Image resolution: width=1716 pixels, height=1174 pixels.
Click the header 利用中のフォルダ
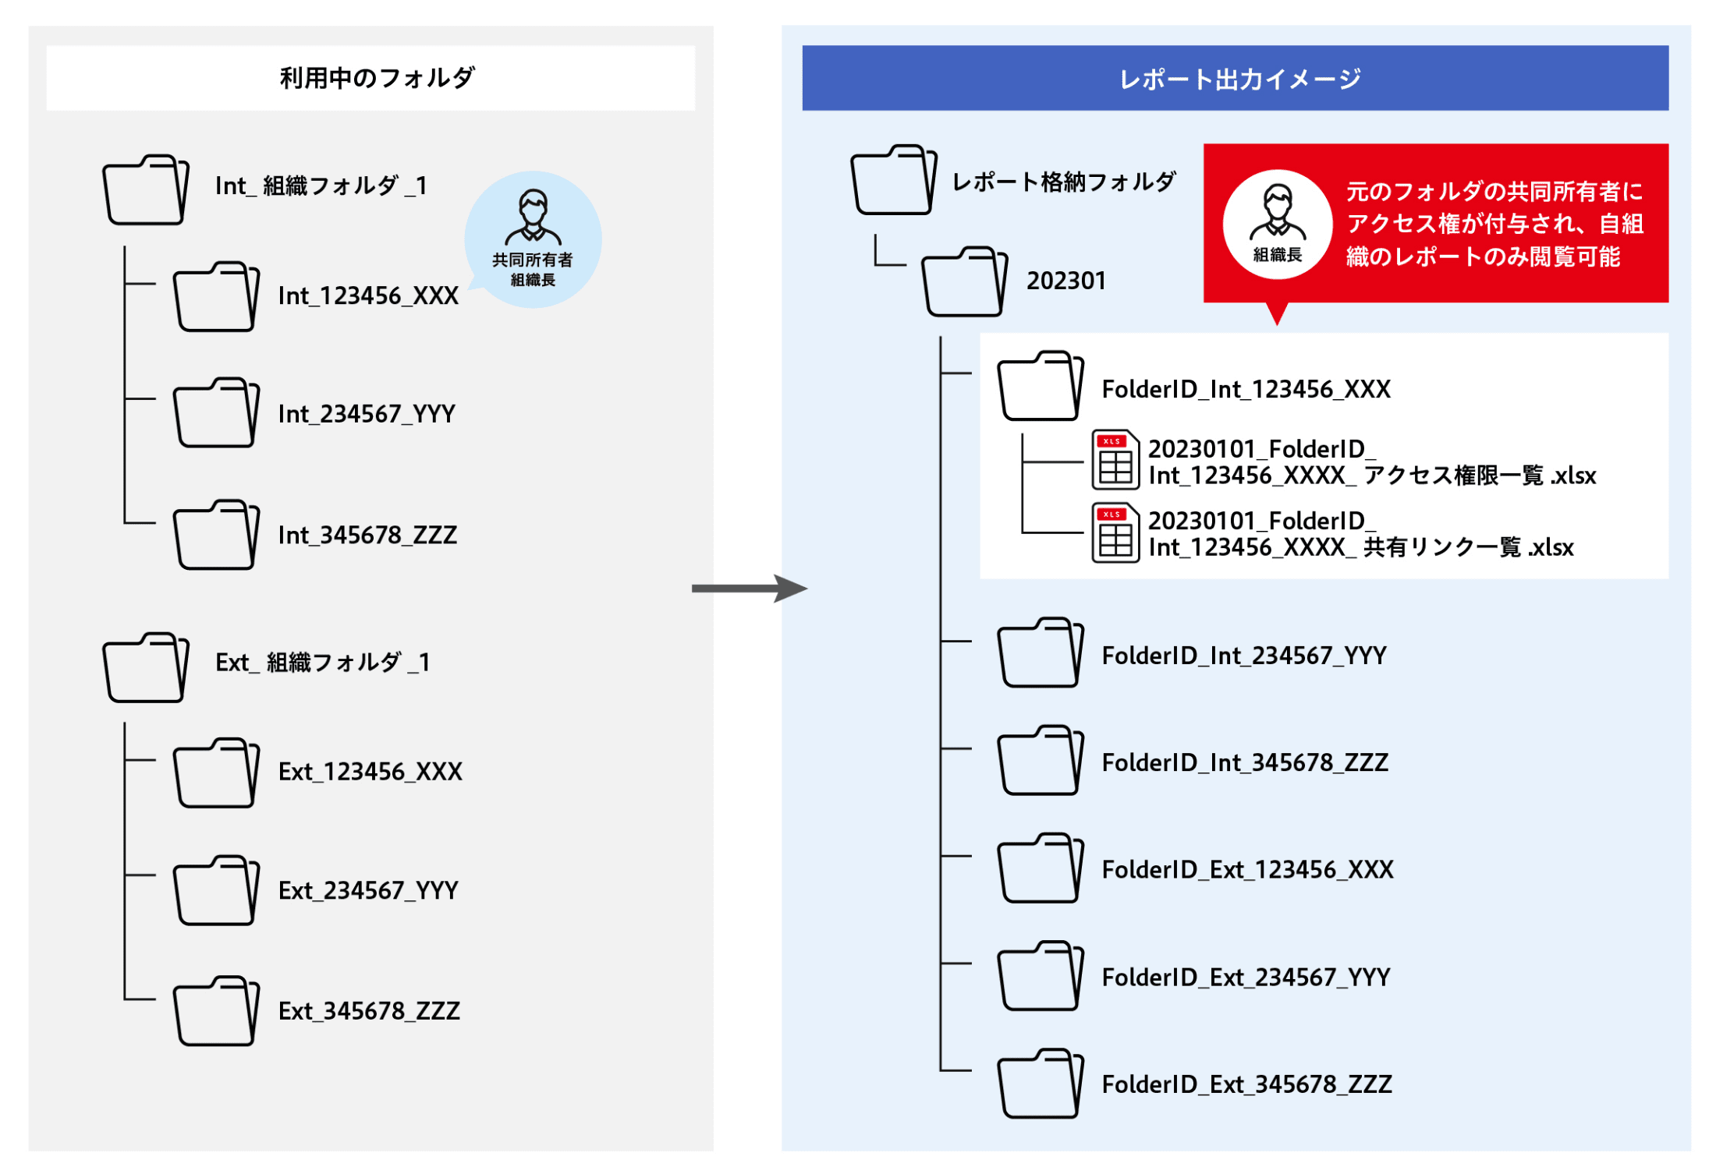378,78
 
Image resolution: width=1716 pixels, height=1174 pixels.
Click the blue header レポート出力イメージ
1240,79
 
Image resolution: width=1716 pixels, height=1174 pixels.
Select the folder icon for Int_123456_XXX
216,297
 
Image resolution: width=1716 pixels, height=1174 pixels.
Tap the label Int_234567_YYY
367,414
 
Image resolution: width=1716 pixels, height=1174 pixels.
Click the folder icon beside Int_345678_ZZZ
216,535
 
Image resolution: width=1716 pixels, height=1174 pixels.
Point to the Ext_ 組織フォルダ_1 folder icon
146,667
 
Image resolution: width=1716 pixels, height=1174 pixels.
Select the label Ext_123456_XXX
370,772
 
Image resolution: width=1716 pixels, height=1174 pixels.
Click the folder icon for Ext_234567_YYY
216,890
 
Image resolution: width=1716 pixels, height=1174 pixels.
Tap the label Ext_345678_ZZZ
369,1011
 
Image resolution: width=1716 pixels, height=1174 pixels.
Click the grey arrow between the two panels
750,589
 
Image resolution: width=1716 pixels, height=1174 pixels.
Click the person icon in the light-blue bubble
533,217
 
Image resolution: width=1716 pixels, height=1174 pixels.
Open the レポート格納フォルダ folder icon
894,180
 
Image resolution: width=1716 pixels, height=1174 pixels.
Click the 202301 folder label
1066,281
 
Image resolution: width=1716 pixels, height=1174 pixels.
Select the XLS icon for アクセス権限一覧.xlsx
1115,460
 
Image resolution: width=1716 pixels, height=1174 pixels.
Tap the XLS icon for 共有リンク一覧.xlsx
1115,532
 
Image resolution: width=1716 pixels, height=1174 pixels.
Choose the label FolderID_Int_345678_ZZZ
1245,762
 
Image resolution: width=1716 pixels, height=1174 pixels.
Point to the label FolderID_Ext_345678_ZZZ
1246,1084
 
